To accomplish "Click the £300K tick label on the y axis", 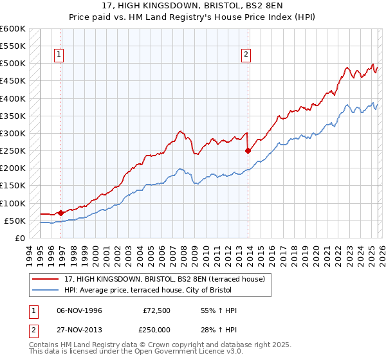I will coord(13,133).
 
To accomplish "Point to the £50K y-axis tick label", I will coord(15,221).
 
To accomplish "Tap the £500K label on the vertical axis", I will coord(13,64).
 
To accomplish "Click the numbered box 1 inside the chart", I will coord(59,55).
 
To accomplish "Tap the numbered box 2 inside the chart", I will coord(246,55).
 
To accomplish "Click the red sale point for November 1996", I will coord(60,212).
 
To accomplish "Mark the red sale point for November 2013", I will coord(248,151).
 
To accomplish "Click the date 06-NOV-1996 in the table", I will coord(80,310).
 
